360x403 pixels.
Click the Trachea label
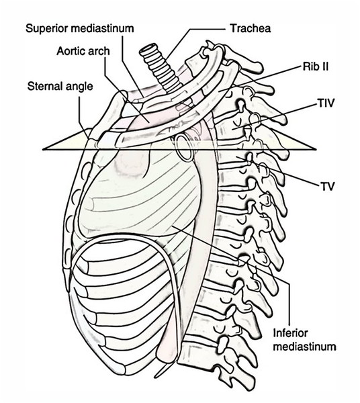pyautogui.click(x=250, y=28)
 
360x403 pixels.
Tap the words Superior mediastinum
pyautogui.click(x=80, y=28)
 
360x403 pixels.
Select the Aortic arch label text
pyautogui.click(x=83, y=51)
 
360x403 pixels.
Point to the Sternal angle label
pyautogui.click(x=60, y=87)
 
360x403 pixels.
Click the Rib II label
pyautogui.click(x=316, y=66)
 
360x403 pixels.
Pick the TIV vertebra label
pyautogui.click(x=326, y=103)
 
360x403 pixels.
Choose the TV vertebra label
pyautogui.click(x=327, y=186)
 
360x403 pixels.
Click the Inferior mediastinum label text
pyautogui.click(x=304, y=340)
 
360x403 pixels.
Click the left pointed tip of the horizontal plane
pyautogui.click(x=43, y=149)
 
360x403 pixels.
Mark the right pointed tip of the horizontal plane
pyautogui.click(x=316, y=149)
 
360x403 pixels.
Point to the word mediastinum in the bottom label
pyautogui.click(x=304, y=347)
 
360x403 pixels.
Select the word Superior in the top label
pyautogui.click(x=47, y=29)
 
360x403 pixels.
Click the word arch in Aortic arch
pyautogui.click(x=99, y=51)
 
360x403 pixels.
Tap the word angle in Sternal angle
pyautogui.click(x=80, y=87)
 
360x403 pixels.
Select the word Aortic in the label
pyautogui.click(x=71, y=51)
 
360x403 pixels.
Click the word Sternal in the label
pyautogui.click(x=46, y=86)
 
